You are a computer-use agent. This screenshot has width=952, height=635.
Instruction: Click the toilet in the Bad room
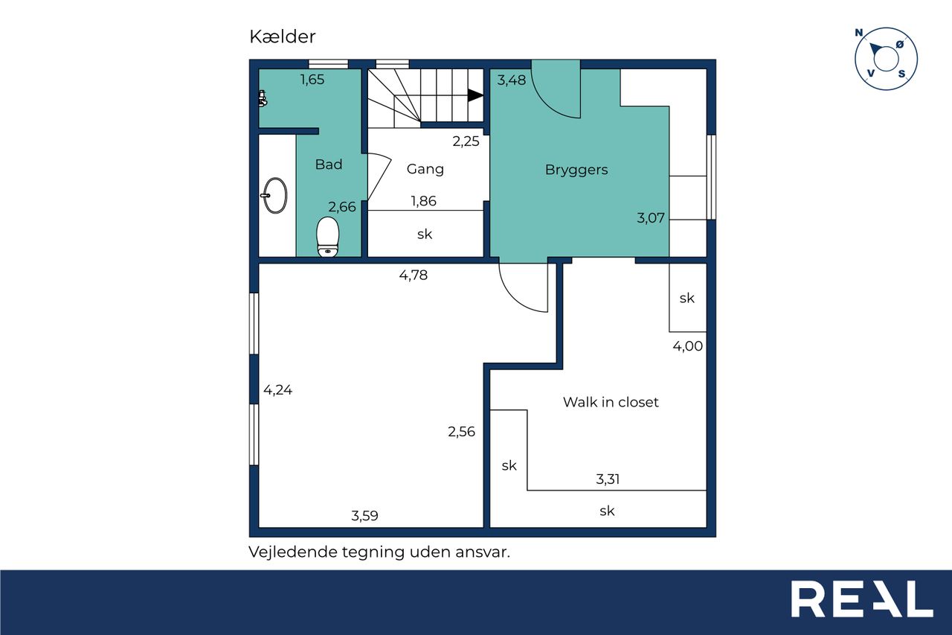pos(327,237)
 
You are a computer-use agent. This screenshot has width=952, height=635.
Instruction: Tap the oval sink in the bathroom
pos(274,195)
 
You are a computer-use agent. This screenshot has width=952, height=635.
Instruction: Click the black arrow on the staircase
pos(475,95)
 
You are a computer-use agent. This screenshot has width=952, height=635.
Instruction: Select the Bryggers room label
pos(576,170)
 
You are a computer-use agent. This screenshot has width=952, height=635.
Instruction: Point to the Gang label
pos(425,169)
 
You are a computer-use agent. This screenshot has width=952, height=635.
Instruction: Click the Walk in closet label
pos(611,402)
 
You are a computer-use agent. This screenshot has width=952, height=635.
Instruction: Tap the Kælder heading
pos(282,36)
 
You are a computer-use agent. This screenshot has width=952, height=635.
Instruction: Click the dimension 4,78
pos(413,275)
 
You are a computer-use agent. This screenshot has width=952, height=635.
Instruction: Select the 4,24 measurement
pos(277,390)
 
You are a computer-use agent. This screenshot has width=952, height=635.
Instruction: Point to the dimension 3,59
pos(364,516)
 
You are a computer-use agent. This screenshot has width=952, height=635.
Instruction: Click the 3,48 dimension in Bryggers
pos(511,80)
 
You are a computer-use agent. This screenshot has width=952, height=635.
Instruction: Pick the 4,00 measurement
pos(687,346)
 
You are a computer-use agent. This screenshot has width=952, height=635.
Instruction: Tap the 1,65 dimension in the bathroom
pos(312,80)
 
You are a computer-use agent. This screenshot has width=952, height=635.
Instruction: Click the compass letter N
pos(858,33)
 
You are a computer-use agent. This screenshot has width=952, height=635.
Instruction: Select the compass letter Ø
pos(900,44)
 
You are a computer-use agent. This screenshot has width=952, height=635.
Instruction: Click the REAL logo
pos(862,599)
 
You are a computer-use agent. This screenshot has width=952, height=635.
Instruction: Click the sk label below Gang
pos(425,234)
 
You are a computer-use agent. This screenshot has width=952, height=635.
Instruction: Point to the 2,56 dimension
pos(461,432)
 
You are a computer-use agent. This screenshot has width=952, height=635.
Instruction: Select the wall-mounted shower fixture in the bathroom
pos(263,98)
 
